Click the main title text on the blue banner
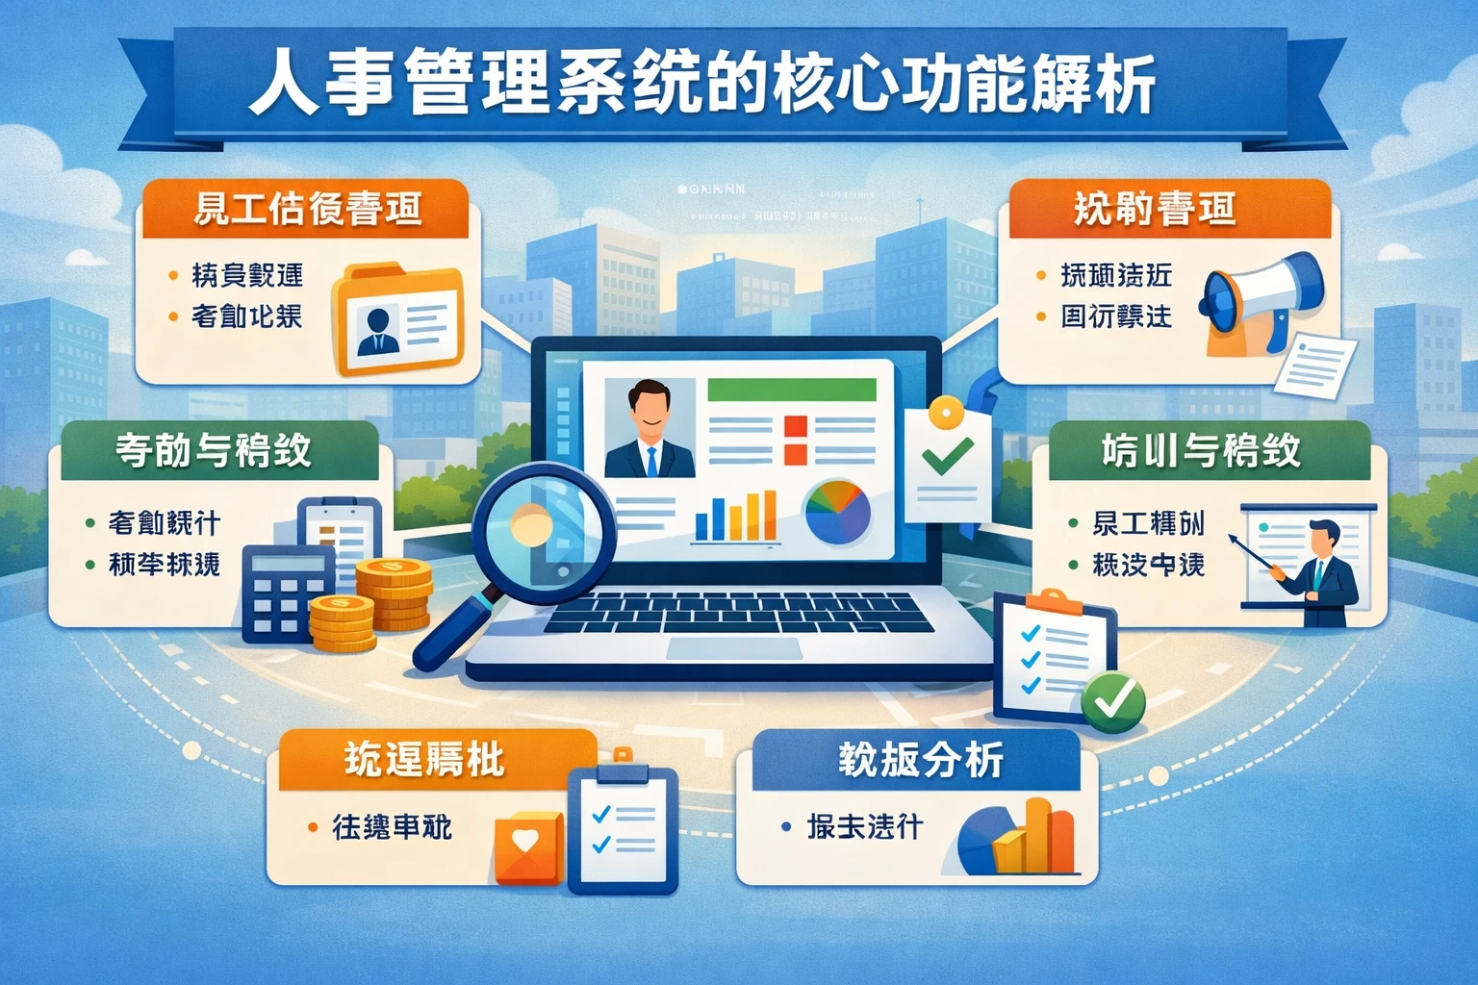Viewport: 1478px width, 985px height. pyautogui.click(x=702, y=87)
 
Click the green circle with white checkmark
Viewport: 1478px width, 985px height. pyautogui.click(x=1113, y=702)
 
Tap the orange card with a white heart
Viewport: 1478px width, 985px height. pyautogui.click(x=527, y=846)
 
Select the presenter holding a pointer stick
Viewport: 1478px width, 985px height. pyautogui.click(x=1323, y=572)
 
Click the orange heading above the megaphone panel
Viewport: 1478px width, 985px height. pyautogui.click(x=1154, y=209)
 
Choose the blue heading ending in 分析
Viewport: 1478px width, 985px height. pyautogui.click(x=919, y=760)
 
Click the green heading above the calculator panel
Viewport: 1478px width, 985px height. pyautogui.click(x=214, y=450)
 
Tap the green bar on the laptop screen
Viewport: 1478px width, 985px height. pyautogui.click(x=791, y=390)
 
